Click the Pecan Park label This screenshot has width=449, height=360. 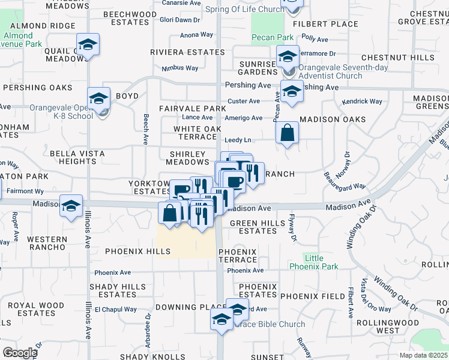(273, 37)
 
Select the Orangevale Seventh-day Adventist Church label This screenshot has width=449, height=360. (324, 72)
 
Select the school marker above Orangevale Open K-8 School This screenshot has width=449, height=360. (99, 98)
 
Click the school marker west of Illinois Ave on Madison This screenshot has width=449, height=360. (71, 206)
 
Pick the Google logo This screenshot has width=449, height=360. (20, 353)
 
